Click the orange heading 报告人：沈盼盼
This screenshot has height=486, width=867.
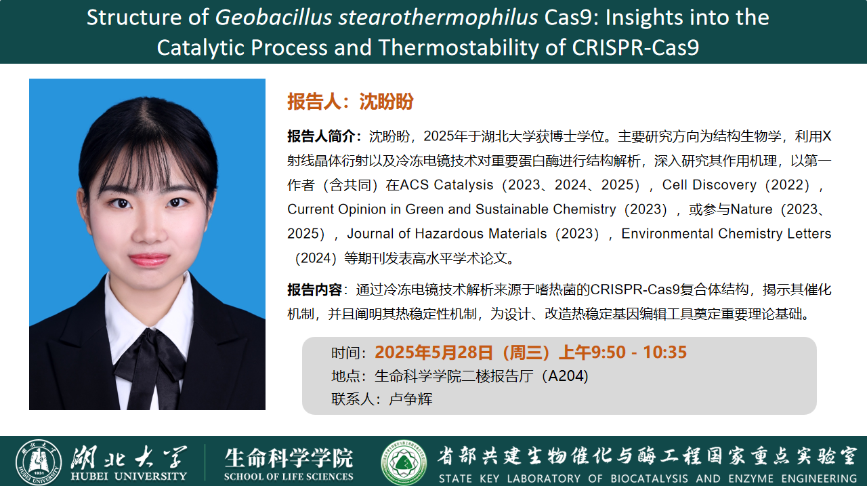click(x=350, y=102)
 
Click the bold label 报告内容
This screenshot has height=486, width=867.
click(x=314, y=290)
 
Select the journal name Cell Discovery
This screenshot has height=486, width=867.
click(x=709, y=184)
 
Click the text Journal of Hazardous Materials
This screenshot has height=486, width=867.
click(x=446, y=234)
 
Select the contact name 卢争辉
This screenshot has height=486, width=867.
click(x=410, y=399)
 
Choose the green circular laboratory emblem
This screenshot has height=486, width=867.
click(x=404, y=462)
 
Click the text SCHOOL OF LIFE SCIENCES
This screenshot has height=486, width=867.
click(x=289, y=476)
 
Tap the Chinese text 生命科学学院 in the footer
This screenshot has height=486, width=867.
click(x=289, y=458)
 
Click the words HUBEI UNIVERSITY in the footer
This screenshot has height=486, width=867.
click(x=129, y=476)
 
